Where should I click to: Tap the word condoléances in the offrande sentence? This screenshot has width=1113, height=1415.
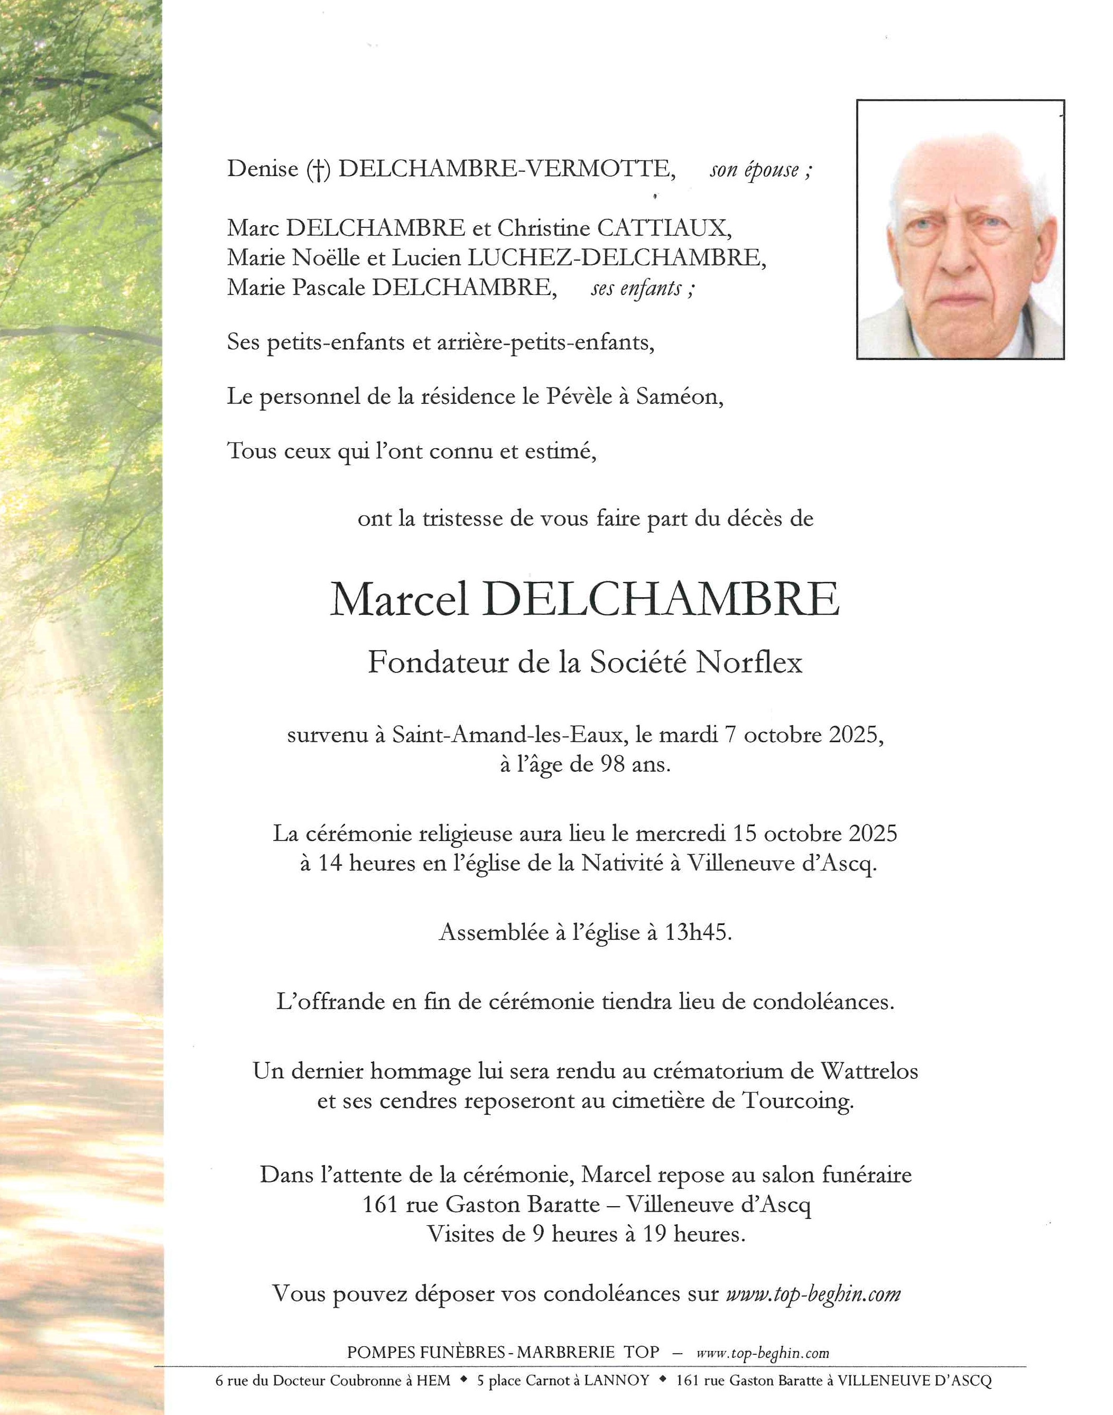(x=823, y=1002)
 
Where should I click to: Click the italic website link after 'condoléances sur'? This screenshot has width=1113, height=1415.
(x=813, y=1294)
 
